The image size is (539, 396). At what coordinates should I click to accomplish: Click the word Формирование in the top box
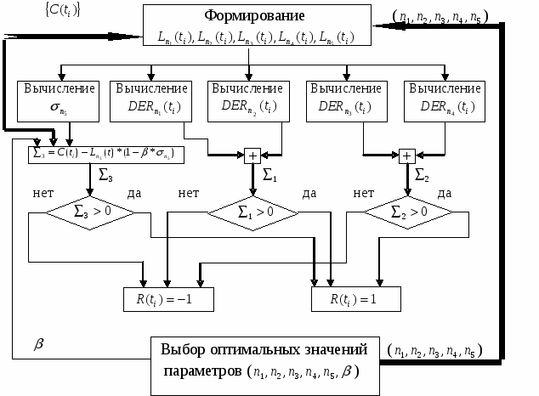(255, 16)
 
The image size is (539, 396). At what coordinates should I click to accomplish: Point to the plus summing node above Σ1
(252, 156)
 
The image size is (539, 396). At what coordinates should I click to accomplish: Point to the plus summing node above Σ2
(406, 156)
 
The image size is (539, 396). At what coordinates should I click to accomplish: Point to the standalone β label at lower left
(38, 344)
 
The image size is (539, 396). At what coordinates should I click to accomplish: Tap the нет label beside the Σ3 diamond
(43, 194)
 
